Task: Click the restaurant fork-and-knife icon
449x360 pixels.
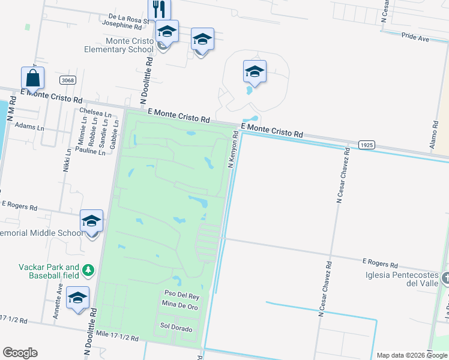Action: [159, 8]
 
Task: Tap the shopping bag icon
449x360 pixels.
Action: [32, 78]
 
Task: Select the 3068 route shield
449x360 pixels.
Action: [67, 80]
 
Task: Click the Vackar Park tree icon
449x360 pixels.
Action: [88, 271]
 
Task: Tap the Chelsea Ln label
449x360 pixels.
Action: [95, 113]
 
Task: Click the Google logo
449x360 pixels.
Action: [20, 352]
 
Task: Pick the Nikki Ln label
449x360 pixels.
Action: [67, 161]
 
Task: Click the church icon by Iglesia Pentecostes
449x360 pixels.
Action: [445, 278]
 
